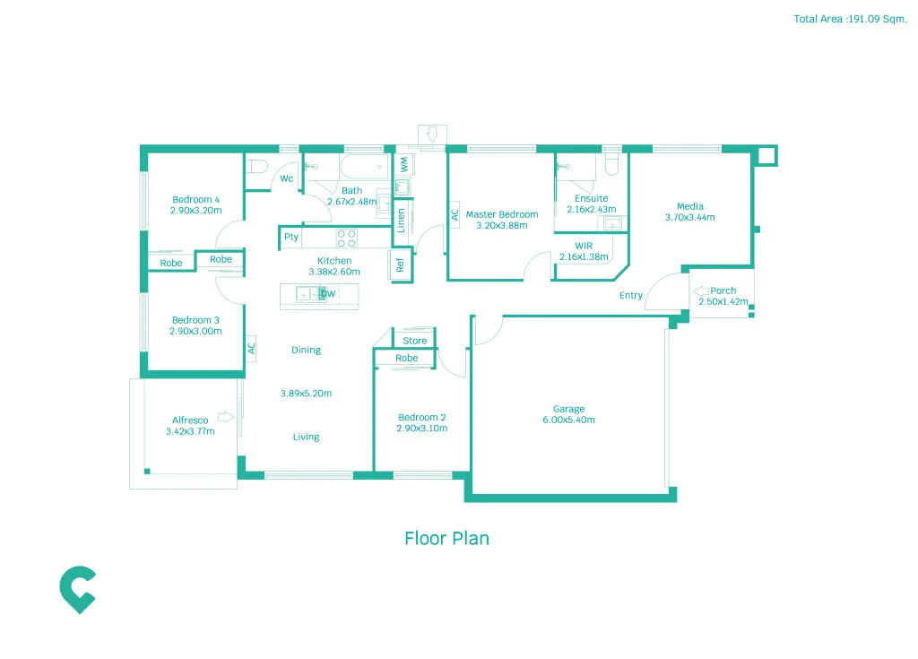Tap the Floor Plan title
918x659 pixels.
click(x=446, y=538)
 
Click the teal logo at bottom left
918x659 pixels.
click(x=77, y=589)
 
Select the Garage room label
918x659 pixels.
click(x=568, y=408)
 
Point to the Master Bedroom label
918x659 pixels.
click(x=502, y=214)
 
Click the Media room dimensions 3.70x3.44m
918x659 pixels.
click(x=689, y=217)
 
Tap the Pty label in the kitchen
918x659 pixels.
click(x=290, y=238)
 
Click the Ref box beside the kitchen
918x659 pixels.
click(x=400, y=264)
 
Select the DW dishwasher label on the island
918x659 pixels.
click(x=328, y=294)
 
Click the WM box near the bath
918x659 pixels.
click(x=403, y=165)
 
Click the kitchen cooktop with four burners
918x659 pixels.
click(x=346, y=238)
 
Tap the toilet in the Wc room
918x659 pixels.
click(x=257, y=167)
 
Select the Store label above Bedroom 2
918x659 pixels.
click(x=415, y=341)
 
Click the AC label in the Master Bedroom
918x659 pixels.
click(x=455, y=214)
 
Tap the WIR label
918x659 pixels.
click(x=584, y=246)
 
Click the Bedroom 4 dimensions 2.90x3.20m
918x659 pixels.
click(x=195, y=211)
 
